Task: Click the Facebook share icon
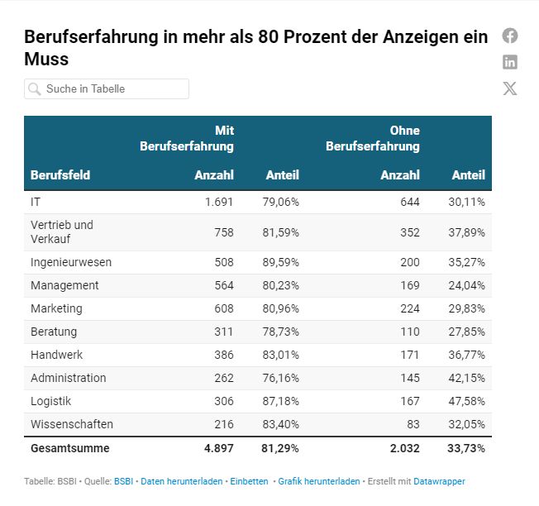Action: tap(510, 36)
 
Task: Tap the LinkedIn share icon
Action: tap(510, 62)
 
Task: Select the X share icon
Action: tap(510, 88)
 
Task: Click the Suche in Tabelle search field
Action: tap(107, 88)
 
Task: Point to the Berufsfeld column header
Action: tap(60, 175)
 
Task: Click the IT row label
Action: tap(36, 202)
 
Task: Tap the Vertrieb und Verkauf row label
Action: tap(62, 232)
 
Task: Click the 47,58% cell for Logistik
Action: tap(468, 401)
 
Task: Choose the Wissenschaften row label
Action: tap(72, 424)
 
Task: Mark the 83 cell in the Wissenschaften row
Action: tap(412, 424)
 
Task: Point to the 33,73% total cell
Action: tap(468, 448)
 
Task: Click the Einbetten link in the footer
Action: tap(249, 481)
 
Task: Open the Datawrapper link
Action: tap(439, 481)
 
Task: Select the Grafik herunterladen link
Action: tap(319, 481)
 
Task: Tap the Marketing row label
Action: tap(56, 308)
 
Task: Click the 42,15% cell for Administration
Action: tap(468, 378)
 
